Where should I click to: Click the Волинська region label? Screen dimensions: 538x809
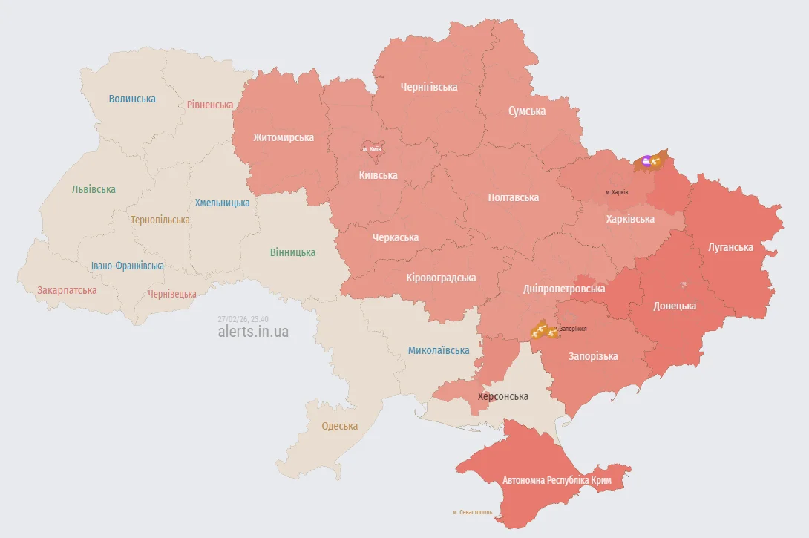pyautogui.click(x=132, y=99)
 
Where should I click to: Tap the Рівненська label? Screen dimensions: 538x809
pyautogui.click(x=210, y=105)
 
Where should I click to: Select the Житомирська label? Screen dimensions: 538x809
pyautogui.click(x=283, y=137)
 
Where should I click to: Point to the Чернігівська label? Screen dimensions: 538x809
pyautogui.click(x=429, y=87)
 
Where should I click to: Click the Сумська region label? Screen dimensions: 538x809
pyautogui.click(x=527, y=111)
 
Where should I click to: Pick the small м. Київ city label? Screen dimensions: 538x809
pyautogui.click(x=372, y=149)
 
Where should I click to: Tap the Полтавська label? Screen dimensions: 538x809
pyautogui.click(x=514, y=197)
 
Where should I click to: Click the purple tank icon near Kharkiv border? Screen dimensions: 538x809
pyautogui.click(x=646, y=160)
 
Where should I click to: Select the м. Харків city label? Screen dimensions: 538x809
pyautogui.click(x=617, y=192)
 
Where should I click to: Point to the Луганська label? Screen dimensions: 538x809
pyautogui.click(x=730, y=247)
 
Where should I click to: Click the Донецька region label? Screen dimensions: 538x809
pyautogui.click(x=675, y=306)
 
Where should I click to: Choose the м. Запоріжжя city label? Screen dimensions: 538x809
pyautogui.click(x=573, y=328)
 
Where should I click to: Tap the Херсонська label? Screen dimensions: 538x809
pyautogui.click(x=503, y=396)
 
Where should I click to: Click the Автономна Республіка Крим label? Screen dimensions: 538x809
pyautogui.click(x=557, y=480)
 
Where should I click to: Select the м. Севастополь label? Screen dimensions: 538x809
pyautogui.click(x=472, y=512)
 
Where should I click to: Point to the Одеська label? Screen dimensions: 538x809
pyautogui.click(x=339, y=426)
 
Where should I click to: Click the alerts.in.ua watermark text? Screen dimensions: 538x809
pyautogui.click(x=253, y=332)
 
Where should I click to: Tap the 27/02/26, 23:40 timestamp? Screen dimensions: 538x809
pyautogui.click(x=243, y=318)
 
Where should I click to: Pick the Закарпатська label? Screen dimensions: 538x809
pyautogui.click(x=67, y=290)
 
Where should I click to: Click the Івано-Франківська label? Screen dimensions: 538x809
pyautogui.click(x=128, y=266)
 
